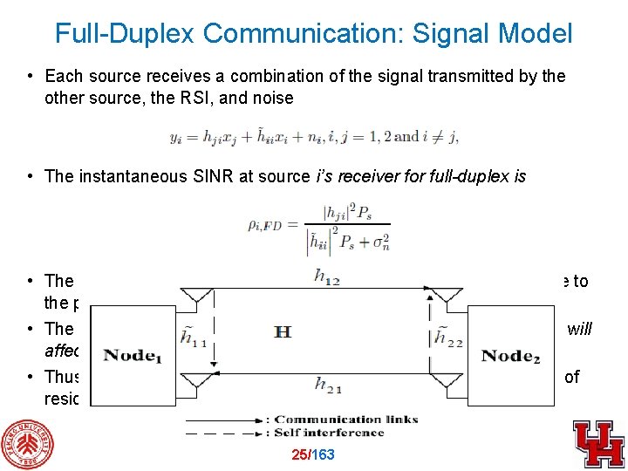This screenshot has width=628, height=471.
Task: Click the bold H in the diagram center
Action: (x=283, y=331)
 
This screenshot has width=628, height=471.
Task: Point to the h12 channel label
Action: (x=328, y=276)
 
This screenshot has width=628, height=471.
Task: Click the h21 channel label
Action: (x=326, y=385)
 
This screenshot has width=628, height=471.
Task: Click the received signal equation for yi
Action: (x=314, y=137)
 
